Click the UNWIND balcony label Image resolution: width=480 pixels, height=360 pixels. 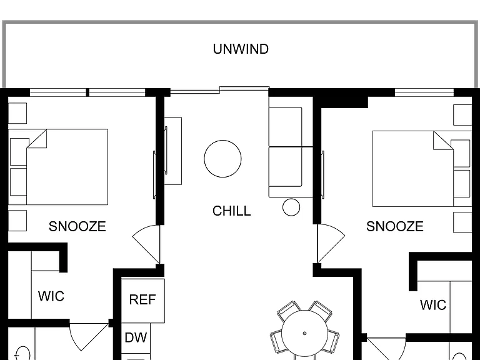point(241,49)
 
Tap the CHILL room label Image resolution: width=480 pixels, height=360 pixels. point(232,211)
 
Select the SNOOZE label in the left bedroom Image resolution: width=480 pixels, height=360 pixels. point(77,226)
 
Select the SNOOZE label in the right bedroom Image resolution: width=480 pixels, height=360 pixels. point(395,226)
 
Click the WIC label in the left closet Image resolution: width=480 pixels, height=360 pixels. point(51,296)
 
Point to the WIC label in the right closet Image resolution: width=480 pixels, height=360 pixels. point(433,305)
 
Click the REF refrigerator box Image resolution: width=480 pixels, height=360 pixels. point(143,300)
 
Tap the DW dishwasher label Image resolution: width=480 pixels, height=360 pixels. point(136,337)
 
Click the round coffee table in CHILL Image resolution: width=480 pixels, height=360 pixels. point(222,159)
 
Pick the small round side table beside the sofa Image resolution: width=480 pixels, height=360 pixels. point(291,207)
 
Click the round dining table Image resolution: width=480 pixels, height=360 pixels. point(304,334)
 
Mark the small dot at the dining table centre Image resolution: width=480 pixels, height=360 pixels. point(304,333)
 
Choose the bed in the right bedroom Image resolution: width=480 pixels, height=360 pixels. point(422,169)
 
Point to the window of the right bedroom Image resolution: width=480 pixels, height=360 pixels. point(424,92)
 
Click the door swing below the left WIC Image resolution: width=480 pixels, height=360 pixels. point(89,337)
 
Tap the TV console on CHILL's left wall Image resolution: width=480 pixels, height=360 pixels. point(173,151)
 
